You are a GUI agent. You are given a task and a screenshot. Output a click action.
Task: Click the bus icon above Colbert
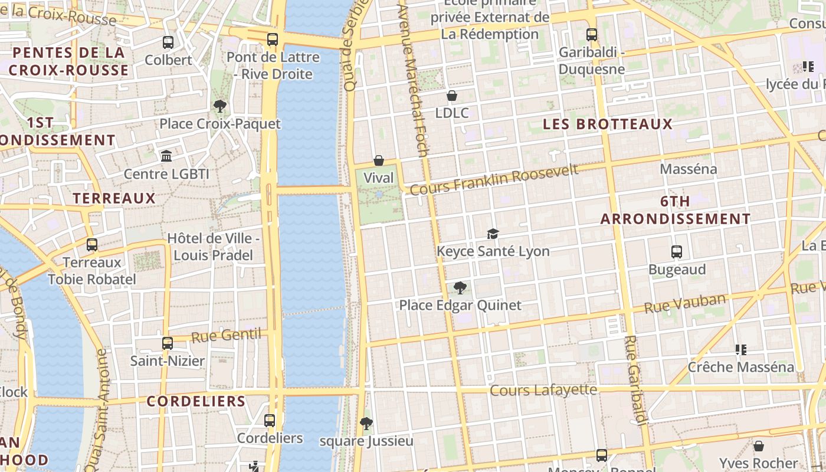(168, 42)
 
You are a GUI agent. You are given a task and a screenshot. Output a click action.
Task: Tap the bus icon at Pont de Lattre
(272, 40)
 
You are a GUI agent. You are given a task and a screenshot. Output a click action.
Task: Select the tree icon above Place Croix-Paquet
(220, 106)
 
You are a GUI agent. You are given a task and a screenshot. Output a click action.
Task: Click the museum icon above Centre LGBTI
(166, 156)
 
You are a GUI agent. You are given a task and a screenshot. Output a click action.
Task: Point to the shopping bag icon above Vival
(379, 160)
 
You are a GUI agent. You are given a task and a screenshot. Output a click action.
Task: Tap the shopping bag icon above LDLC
(452, 96)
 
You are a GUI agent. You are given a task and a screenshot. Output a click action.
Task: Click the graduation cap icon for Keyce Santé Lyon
(493, 234)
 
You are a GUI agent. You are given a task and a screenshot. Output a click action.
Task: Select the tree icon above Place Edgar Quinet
(460, 288)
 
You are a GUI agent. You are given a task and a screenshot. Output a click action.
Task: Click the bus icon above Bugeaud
(677, 252)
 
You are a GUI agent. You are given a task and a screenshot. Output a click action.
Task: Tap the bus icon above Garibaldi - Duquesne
(592, 35)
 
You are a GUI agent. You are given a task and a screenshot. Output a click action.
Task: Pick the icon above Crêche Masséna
(741, 350)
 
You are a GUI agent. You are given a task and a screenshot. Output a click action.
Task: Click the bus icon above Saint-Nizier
(168, 343)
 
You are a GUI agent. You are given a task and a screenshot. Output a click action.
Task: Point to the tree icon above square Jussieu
(366, 424)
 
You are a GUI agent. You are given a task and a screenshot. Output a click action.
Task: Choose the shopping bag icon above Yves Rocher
(759, 446)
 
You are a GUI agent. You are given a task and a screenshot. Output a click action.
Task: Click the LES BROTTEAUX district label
(608, 124)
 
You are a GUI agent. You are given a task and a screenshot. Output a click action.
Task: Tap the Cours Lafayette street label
(543, 390)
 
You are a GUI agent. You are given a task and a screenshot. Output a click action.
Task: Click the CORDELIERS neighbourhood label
(196, 401)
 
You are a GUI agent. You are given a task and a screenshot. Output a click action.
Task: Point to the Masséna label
(689, 169)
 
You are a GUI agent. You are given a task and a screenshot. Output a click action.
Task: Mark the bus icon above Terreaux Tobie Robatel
(91, 244)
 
